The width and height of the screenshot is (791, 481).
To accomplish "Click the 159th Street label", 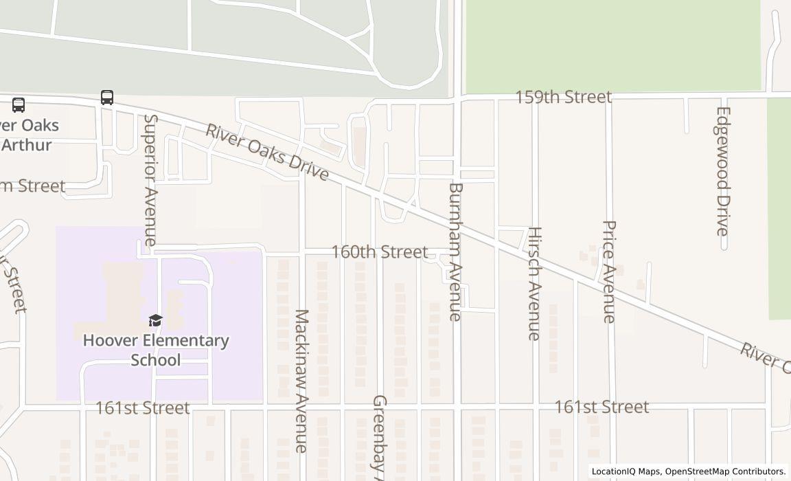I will click(x=563, y=97).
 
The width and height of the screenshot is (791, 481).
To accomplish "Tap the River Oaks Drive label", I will click(x=267, y=153).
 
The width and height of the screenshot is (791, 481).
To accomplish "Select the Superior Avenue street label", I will click(x=150, y=179).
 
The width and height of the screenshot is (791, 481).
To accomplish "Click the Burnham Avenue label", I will click(x=455, y=251).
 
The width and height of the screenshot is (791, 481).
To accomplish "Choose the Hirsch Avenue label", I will click(x=534, y=283).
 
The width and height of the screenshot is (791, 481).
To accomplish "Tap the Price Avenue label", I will click(x=608, y=271).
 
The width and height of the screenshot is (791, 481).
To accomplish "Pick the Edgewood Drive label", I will click(x=722, y=171).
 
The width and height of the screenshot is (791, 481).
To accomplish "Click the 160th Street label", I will click(x=379, y=252).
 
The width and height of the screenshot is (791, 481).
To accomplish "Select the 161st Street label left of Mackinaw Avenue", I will click(x=142, y=408).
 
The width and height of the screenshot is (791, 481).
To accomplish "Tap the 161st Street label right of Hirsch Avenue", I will click(x=601, y=407).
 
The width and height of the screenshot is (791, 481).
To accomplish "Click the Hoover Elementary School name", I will click(x=156, y=350).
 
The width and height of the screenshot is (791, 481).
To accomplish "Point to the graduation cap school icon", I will click(x=156, y=321).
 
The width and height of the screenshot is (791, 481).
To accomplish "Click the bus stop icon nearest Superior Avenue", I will click(x=107, y=98).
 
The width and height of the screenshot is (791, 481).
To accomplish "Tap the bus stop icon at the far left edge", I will click(x=19, y=105).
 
